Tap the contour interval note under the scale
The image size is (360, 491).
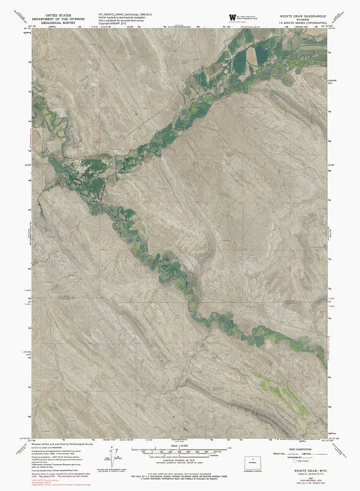pyautogui.click(x=178, y=462)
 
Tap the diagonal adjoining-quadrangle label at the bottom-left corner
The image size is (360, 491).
pyautogui.click(x=16, y=450)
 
